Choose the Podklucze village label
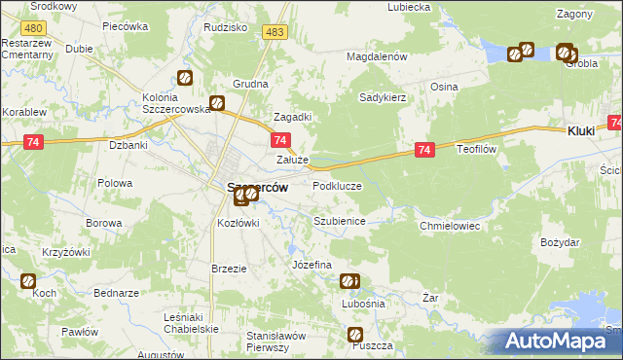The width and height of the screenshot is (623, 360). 337,185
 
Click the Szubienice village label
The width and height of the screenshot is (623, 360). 339,222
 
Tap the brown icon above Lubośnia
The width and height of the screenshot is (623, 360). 349,282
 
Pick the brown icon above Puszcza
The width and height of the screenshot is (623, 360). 357,335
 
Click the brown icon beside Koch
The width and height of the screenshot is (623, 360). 28,281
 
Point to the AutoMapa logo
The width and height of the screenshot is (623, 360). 558,341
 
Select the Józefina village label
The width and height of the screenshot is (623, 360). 312,265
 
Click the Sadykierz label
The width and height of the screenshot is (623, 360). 383,97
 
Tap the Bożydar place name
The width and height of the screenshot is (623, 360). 560,241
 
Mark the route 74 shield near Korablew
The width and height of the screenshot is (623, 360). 34,142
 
